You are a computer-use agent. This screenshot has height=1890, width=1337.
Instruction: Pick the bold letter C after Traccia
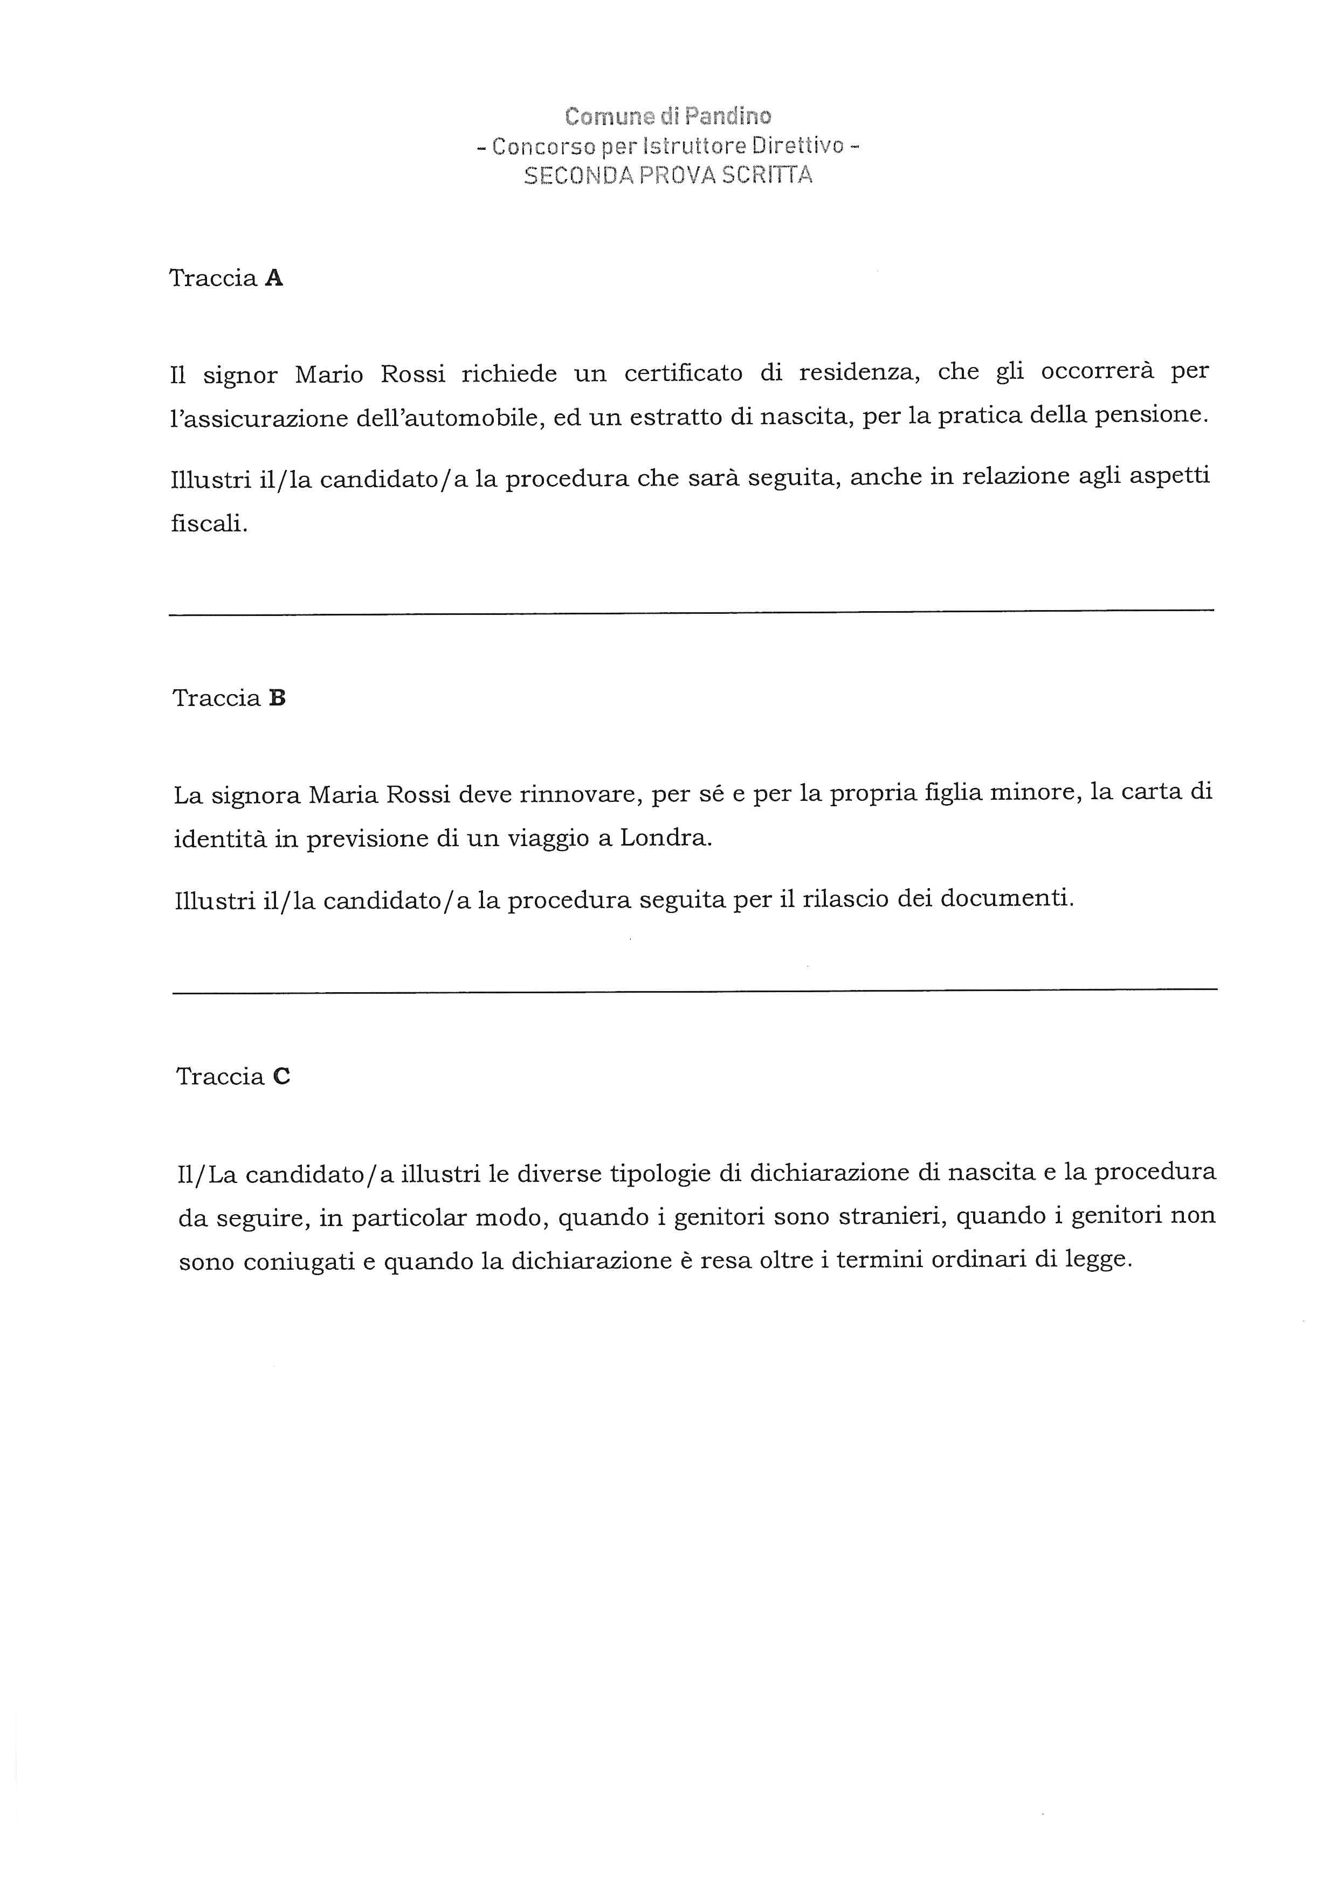click(281, 1077)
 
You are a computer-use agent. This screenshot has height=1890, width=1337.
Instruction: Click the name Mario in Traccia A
click(329, 376)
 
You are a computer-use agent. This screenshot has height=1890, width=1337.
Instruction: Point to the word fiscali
click(209, 523)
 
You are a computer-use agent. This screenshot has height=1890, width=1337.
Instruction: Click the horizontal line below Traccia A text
click(692, 611)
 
